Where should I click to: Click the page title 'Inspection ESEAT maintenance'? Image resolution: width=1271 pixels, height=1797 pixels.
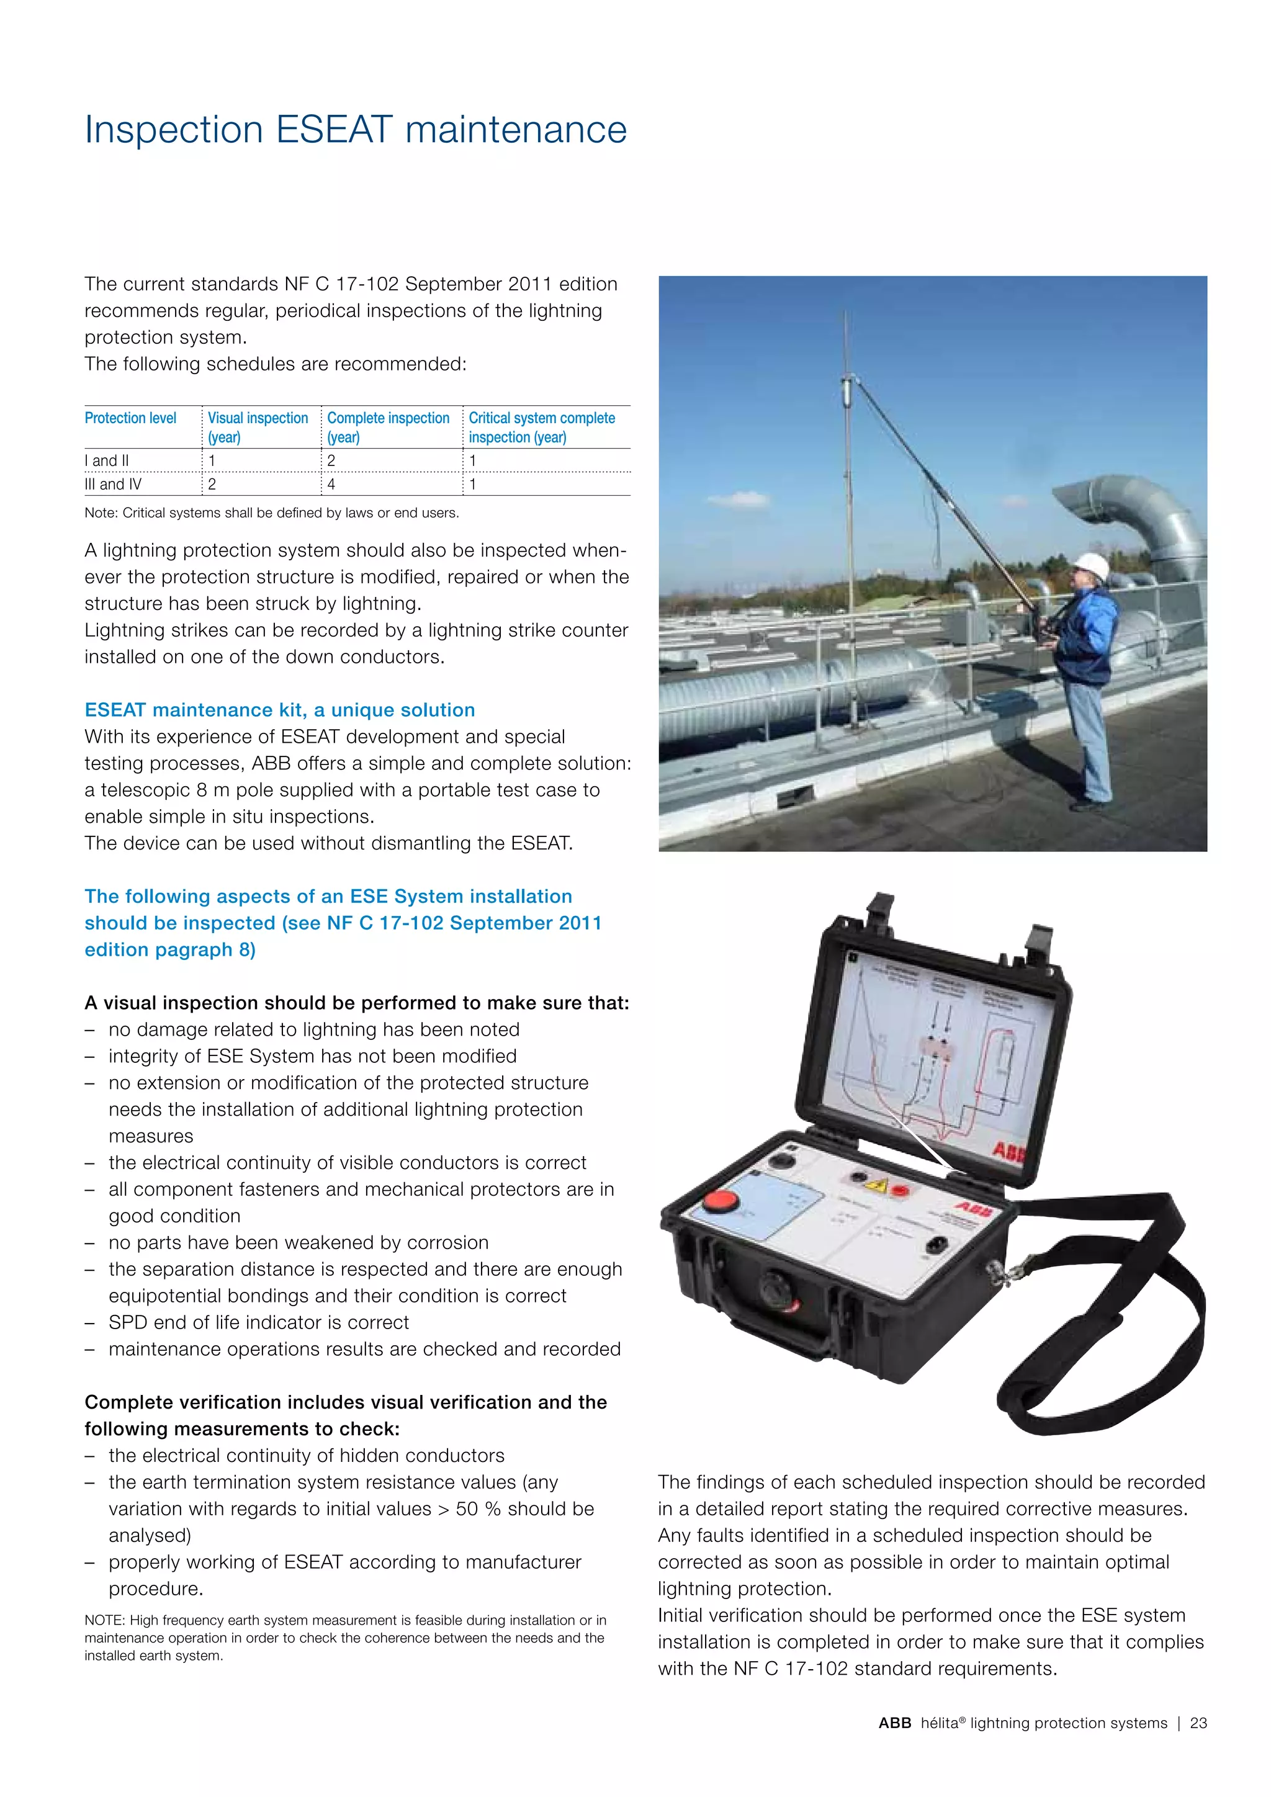(356, 130)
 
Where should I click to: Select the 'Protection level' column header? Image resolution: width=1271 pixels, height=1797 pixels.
(131, 418)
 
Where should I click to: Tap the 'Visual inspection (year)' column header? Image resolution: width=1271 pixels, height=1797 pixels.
(258, 428)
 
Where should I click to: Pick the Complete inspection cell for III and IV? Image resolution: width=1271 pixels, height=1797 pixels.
(332, 485)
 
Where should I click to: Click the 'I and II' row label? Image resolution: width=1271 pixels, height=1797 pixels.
(107, 461)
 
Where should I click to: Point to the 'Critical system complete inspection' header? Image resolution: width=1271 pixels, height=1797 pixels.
(542, 428)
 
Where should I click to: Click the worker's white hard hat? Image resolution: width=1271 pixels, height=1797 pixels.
(1089, 563)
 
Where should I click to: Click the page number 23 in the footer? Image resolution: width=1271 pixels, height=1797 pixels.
(1198, 1723)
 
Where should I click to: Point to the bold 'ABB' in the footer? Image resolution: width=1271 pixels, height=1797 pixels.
(894, 1723)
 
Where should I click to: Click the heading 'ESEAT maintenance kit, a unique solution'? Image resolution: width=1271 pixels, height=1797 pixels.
(279, 710)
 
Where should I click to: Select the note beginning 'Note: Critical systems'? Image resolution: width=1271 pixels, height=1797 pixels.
(272, 513)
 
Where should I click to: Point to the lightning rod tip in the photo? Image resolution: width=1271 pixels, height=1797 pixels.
(845, 317)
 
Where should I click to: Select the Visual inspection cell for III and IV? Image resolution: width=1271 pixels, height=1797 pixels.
(212, 485)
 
